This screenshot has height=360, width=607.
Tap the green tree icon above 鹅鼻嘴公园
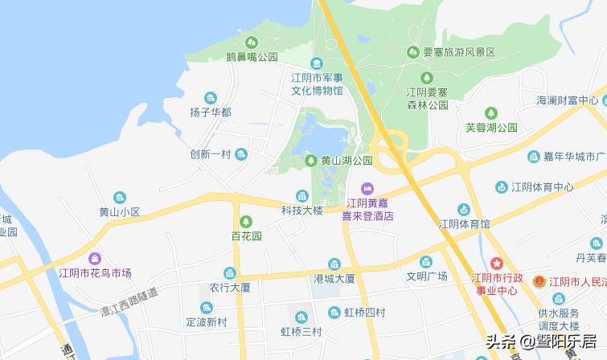(252, 42)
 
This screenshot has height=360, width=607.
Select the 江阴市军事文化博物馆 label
(317, 84)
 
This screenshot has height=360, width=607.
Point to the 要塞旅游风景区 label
(458, 51)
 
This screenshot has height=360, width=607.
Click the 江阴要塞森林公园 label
(427, 99)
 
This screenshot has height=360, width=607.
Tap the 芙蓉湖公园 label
(491, 127)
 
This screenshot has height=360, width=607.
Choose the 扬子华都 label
(211, 112)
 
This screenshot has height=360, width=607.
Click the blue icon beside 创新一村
(241, 154)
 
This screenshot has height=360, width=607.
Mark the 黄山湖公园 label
(347, 160)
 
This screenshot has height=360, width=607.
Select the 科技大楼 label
(301, 211)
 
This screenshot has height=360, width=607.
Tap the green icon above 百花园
(246, 221)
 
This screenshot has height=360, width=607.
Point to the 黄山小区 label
(120, 212)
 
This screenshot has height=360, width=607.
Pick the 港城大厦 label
(334, 278)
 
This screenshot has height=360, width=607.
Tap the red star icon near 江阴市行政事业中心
(497, 263)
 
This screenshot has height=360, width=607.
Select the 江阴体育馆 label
(464, 223)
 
